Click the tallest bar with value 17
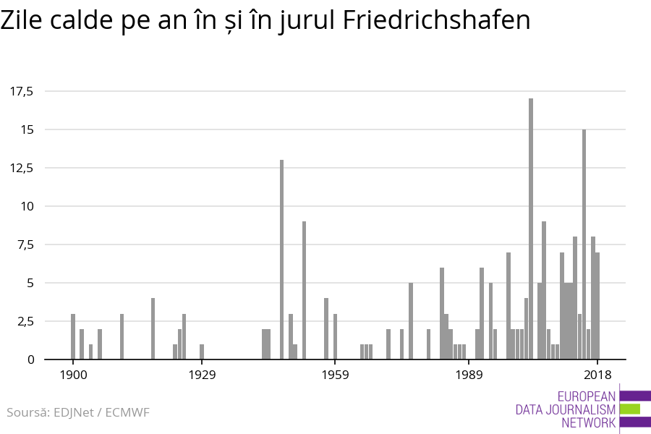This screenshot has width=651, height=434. coord(531,229)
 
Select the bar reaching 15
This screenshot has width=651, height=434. coord(584,244)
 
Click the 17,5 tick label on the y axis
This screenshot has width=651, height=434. coord(22,91)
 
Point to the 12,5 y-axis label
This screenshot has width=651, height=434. coord(22,168)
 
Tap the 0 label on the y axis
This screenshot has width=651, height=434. coord(30,359)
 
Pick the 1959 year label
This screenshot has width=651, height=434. coord(336,375)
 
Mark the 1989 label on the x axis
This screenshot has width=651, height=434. coord(469,375)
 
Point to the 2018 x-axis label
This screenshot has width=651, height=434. coord(597,375)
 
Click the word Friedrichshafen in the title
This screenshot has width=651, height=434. coord(437,20)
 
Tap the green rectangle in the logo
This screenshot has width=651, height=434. coord(630,409)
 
